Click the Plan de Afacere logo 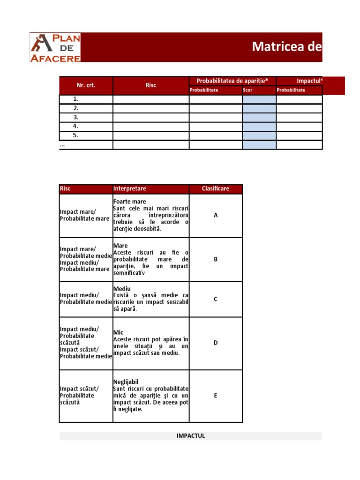click(x=55, y=48)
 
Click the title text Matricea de click(x=287, y=46)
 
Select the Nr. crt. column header click(x=86, y=85)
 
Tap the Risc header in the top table click(x=151, y=85)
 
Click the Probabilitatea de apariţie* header click(x=232, y=81)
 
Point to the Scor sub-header click(x=247, y=90)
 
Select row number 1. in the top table click(x=75, y=99)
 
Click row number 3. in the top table click(x=75, y=117)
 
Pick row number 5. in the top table click(x=75, y=135)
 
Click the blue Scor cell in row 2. click(x=259, y=108)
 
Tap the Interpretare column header click(x=130, y=188)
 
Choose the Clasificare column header click(x=216, y=188)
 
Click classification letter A click(x=216, y=215)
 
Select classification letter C click(x=216, y=299)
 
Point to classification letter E click(x=216, y=396)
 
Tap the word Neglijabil click(x=126, y=382)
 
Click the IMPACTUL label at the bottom click(x=191, y=436)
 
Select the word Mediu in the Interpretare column click(x=122, y=289)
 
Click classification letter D click(x=216, y=343)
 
